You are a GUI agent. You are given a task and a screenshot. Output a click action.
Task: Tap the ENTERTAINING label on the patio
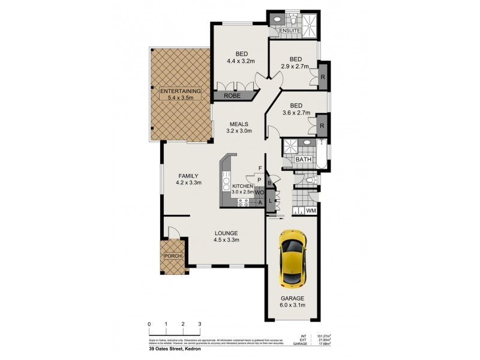[x=179, y=91]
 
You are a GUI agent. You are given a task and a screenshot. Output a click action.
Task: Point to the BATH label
[x=302, y=160]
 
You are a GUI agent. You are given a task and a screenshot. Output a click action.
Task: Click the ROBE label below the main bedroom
[x=232, y=95]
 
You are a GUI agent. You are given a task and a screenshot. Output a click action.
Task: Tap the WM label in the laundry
[x=311, y=211]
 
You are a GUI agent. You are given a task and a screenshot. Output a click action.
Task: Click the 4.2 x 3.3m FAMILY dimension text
[x=188, y=182]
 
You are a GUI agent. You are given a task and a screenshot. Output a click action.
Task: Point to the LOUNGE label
[x=227, y=233]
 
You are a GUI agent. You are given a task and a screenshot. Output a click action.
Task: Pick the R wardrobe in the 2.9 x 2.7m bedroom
[x=323, y=77]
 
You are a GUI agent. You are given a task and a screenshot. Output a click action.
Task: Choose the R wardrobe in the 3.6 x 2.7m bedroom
[x=323, y=126]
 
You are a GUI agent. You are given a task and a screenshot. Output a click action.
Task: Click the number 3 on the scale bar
[x=200, y=324]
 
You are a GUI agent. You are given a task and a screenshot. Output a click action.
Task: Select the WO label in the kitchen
[x=259, y=193]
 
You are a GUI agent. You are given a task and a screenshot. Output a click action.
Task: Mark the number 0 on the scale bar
[x=149, y=324]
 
